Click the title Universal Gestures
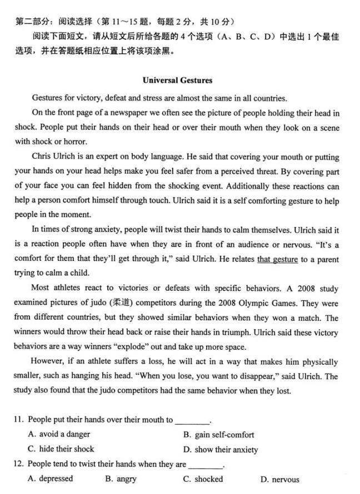(177, 80)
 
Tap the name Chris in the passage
(42, 156)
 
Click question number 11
(19, 420)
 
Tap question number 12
(19, 464)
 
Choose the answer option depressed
(56, 479)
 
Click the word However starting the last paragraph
(47, 361)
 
